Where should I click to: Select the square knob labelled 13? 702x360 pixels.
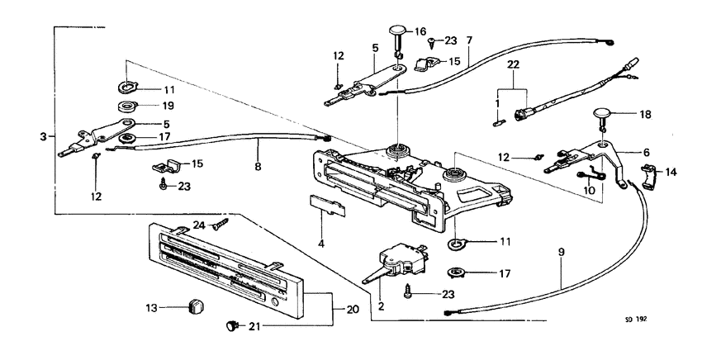(195, 308)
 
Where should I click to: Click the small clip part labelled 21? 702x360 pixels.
(230, 327)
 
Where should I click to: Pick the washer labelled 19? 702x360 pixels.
(126, 106)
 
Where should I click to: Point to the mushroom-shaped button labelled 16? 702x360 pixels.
(401, 35)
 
